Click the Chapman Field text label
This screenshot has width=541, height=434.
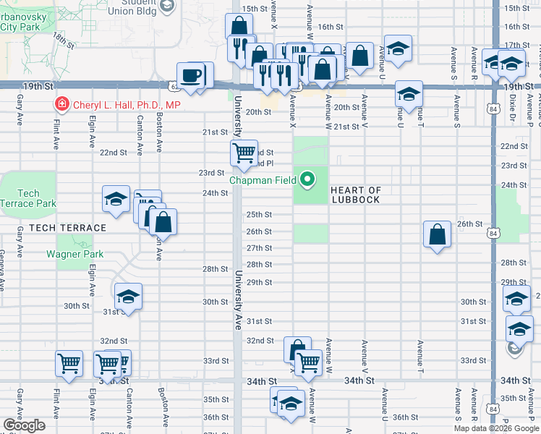(x=264, y=180)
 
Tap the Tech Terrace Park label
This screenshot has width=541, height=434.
(x=28, y=198)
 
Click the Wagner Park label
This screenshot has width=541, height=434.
(x=74, y=254)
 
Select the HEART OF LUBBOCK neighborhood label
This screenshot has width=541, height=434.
(x=355, y=195)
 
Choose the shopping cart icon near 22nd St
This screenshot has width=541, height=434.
(x=244, y=152)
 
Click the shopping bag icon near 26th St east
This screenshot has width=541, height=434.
(x=438, y=234)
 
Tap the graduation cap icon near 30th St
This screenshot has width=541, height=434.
(x=129, y=297)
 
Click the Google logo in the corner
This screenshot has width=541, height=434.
(x=24, y=425)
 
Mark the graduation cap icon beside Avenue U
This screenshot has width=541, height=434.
(x=397, y=48)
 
